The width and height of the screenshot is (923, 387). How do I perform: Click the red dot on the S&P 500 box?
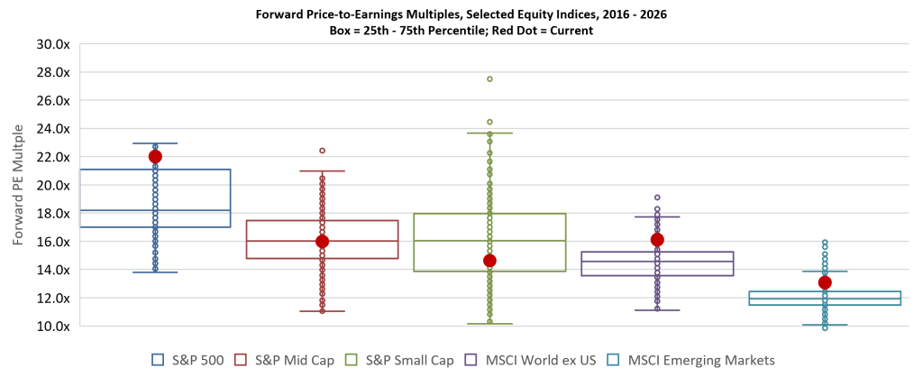pos(155,156)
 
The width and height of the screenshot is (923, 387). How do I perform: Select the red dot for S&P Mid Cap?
pos(322,241)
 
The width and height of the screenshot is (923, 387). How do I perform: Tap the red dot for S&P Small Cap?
pos(489,261)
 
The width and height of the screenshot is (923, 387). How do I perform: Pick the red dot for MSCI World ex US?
pos(657,240)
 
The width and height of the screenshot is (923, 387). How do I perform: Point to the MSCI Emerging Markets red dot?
pos(824,282)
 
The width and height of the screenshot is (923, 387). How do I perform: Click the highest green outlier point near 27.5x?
pos(489,79)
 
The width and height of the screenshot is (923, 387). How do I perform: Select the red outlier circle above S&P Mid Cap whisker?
pos(322,151)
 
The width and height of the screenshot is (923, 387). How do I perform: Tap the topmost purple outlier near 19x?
pos(657,198)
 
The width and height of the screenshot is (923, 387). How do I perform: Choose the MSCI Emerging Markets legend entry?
pos(690,360)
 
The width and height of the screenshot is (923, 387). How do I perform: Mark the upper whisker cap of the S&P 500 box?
pos(155,143)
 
